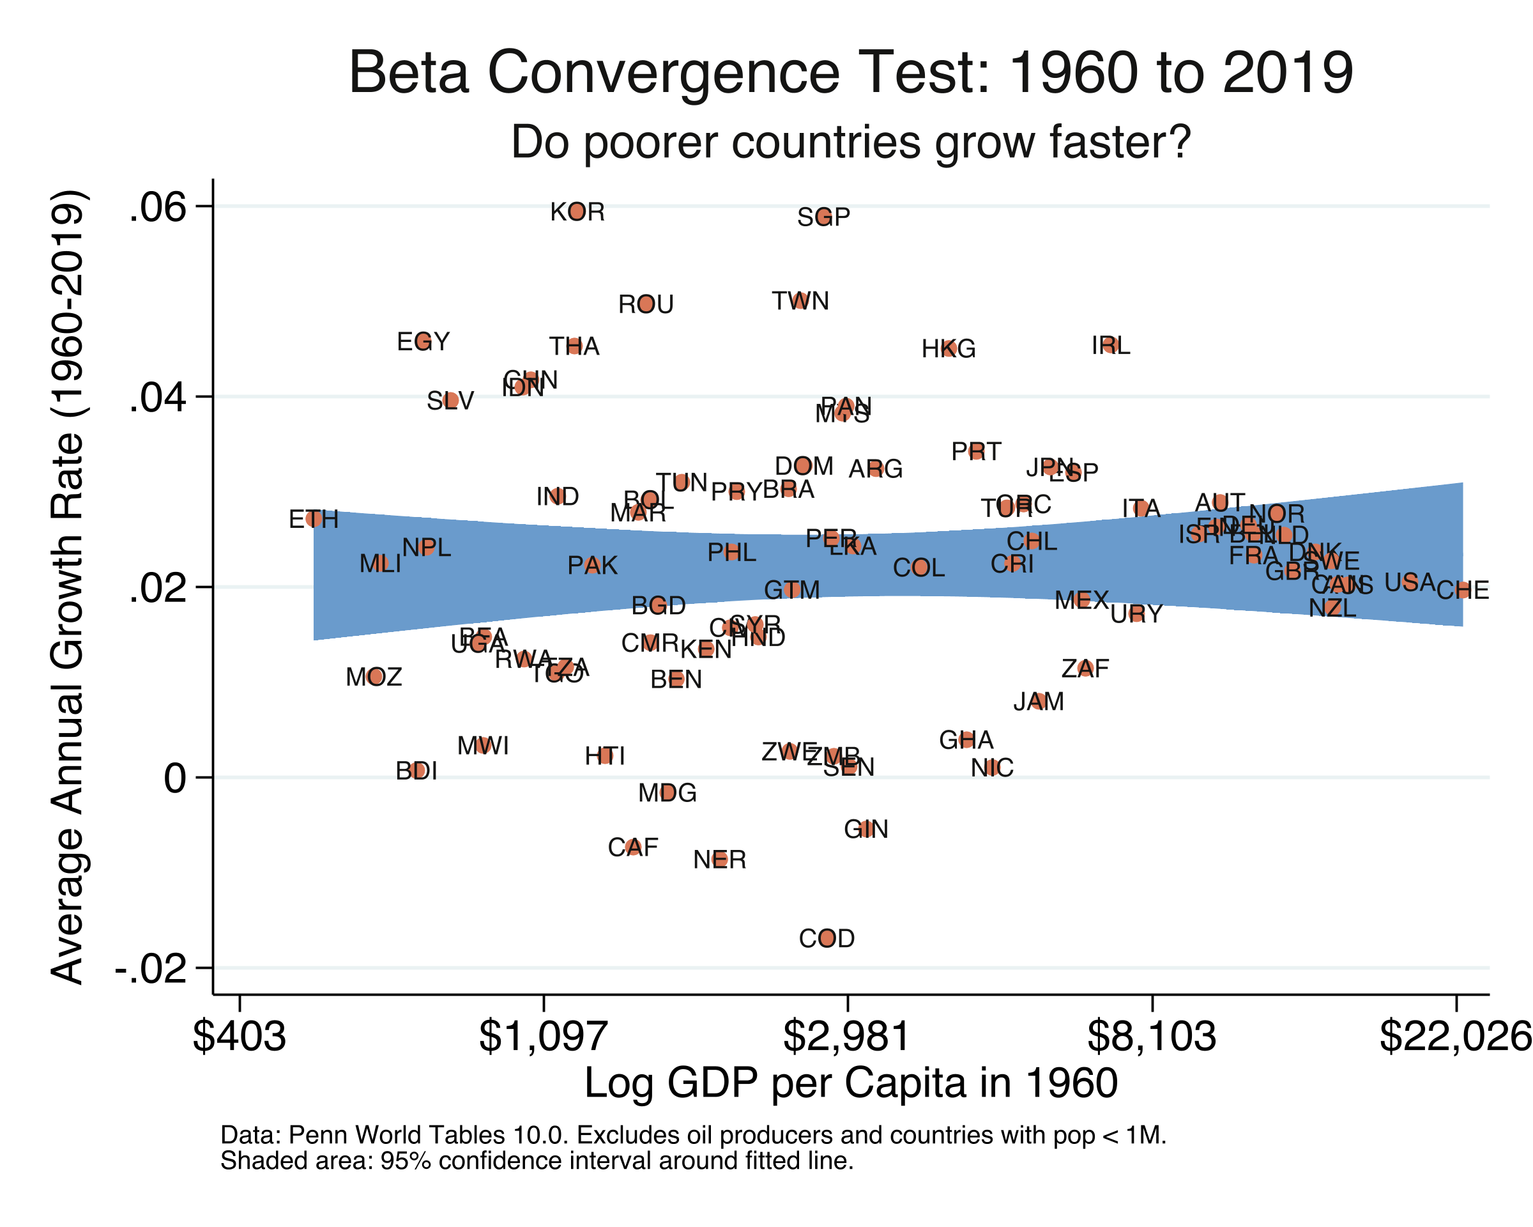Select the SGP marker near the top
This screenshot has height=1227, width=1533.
[x=823, y=216]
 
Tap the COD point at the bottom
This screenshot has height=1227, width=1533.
[x=827, y=938]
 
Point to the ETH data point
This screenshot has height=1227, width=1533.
[x=314, y=518]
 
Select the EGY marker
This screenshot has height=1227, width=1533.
[x=423, y=341]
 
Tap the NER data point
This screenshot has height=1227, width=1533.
[x=720, y=858]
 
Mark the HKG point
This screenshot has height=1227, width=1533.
[x=949, y=348]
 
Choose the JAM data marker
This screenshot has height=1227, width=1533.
[x=1038, y=700]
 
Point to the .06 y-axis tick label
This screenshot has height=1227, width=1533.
[x=157, y=207]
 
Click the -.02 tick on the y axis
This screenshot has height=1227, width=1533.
[x=151, y=968]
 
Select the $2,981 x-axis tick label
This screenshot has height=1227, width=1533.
[x=846, y=1037]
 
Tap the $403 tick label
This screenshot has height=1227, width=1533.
[x=240, y=1037]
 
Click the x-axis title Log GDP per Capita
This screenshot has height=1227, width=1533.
[x=850, y=1083]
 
